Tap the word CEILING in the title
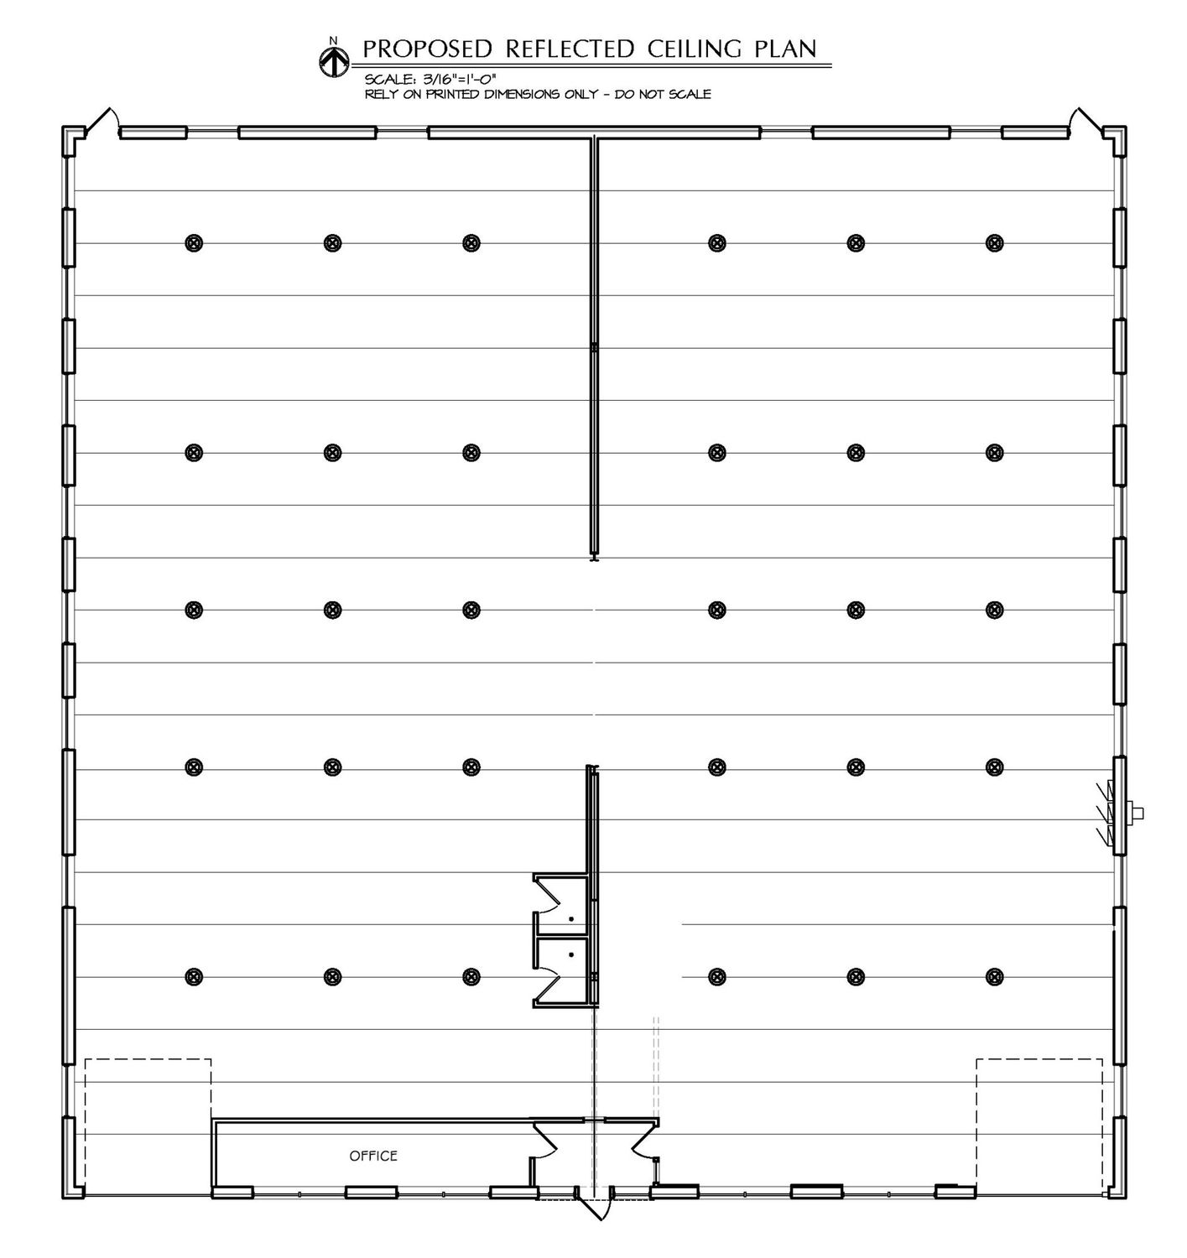[694, 49]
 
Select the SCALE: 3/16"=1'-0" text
[430, 79]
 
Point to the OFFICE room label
[373, 1156]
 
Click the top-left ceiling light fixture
[194, 242]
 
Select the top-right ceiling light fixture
[994, 242]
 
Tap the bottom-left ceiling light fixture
[194, 977]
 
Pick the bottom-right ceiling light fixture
[994, 977]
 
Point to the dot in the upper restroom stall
[571, 918]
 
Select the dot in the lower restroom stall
[571, 954]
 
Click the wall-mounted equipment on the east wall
[1123, 814]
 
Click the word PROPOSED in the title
[428, 49]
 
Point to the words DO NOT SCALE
[663, 95]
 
